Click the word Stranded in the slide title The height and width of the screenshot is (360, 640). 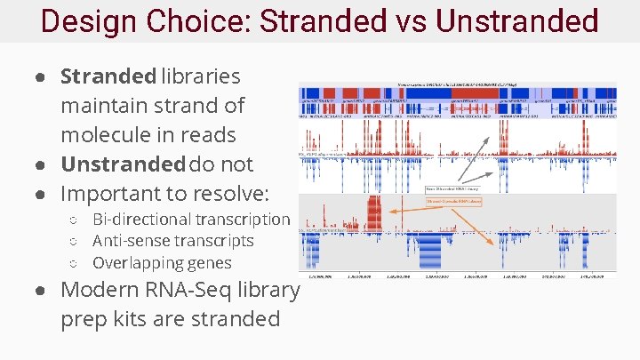(x=313, y=20)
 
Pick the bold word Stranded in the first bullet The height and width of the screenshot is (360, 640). (x=108, y=76)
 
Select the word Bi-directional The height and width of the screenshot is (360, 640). (x=142, y=219)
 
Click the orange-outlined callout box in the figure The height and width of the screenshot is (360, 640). (x=453, y=202)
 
